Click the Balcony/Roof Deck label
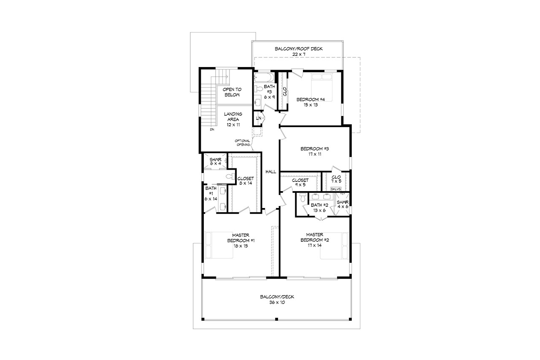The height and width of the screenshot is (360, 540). pos(299,51)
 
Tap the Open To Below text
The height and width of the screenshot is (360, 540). pos(231,92)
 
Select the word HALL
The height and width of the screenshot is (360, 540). pos(270,172)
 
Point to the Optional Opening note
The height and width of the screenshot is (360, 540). pos(243,143)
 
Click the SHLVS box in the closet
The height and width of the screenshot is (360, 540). pos(336,189)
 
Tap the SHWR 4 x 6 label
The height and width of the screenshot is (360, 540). pos(343,205)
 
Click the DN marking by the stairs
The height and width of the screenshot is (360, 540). pos(212,130)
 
